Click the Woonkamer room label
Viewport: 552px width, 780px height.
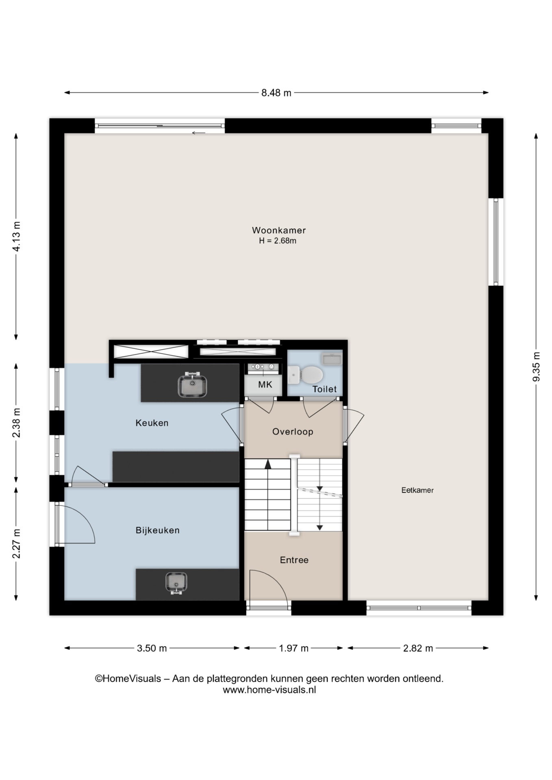(279, 230)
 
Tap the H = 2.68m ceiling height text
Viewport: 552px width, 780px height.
(278, 240)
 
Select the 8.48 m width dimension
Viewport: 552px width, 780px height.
(276, 93)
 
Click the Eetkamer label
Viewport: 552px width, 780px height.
(417, 490)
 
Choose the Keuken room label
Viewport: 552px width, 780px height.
(152, 423)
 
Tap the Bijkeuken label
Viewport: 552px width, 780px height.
(158, 530)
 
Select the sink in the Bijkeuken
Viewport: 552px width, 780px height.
(176, 583)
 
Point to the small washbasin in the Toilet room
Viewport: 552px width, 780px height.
(332, 359)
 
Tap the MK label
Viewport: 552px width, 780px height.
(265, 384)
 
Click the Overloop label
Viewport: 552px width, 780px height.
(293, 432)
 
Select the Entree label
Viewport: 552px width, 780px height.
(294, 560)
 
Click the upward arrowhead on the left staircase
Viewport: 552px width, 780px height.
(268, 464)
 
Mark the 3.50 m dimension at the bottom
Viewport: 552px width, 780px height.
(152, 648)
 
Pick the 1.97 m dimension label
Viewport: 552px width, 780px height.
(293, 648)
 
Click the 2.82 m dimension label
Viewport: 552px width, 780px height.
(418, 648)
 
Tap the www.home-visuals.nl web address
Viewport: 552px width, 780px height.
(269, 689)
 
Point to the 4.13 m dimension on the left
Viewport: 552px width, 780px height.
(16, 236)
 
